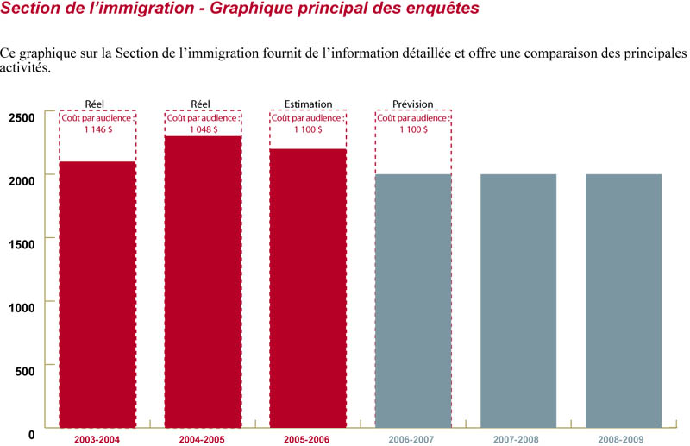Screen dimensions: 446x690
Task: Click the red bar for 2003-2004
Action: (97, 293)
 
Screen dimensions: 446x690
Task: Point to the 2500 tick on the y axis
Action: (21, 116)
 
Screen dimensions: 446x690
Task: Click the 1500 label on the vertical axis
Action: (21, 243)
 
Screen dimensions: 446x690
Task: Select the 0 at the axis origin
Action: (31, 434)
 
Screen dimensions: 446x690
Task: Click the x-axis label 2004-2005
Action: (203, 440)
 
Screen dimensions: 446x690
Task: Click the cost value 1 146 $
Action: (97, 129)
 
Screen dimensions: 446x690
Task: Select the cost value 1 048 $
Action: (203, 129)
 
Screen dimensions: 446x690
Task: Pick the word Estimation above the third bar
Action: (308, 104)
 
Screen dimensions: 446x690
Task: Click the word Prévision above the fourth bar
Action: (413, 104)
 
